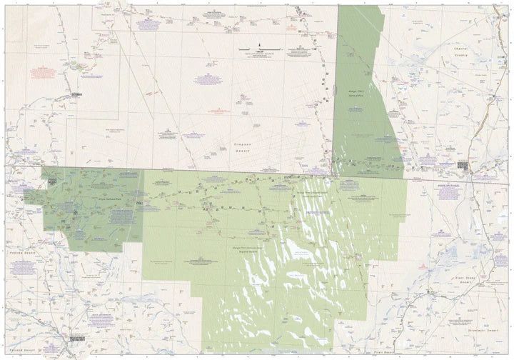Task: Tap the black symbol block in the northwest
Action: click(x=77, y=94)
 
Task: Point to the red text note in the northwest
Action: click(x=43, y=71)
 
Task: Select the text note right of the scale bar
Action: click(x=299, y=51)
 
